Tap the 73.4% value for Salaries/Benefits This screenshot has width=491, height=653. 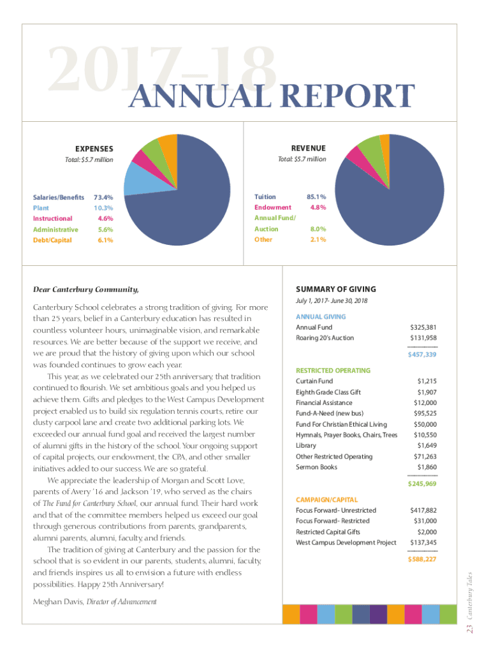[x=103, y=197]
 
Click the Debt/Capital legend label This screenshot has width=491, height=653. [x=52, y=240]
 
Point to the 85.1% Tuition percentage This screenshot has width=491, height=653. [x=317, y=197]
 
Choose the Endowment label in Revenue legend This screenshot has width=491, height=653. [x=273, y=207]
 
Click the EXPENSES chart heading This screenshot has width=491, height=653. [x=94, y=148]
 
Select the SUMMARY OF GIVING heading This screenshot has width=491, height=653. [x=336, y=289]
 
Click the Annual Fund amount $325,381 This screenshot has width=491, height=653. [x=423, y=327]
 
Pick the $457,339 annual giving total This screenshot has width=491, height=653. [x=422, y=355]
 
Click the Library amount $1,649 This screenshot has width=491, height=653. [x=427, y=445]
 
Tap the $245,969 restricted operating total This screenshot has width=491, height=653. [x=422, y=484]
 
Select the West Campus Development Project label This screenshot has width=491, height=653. [x=346, y=543]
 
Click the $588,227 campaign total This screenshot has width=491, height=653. [x=422, y=559]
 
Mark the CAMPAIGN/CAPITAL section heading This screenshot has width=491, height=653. [x=327, y=500]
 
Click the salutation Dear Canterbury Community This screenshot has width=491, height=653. [x=85, y=290]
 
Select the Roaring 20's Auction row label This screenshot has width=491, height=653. [x=325, y=338]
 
